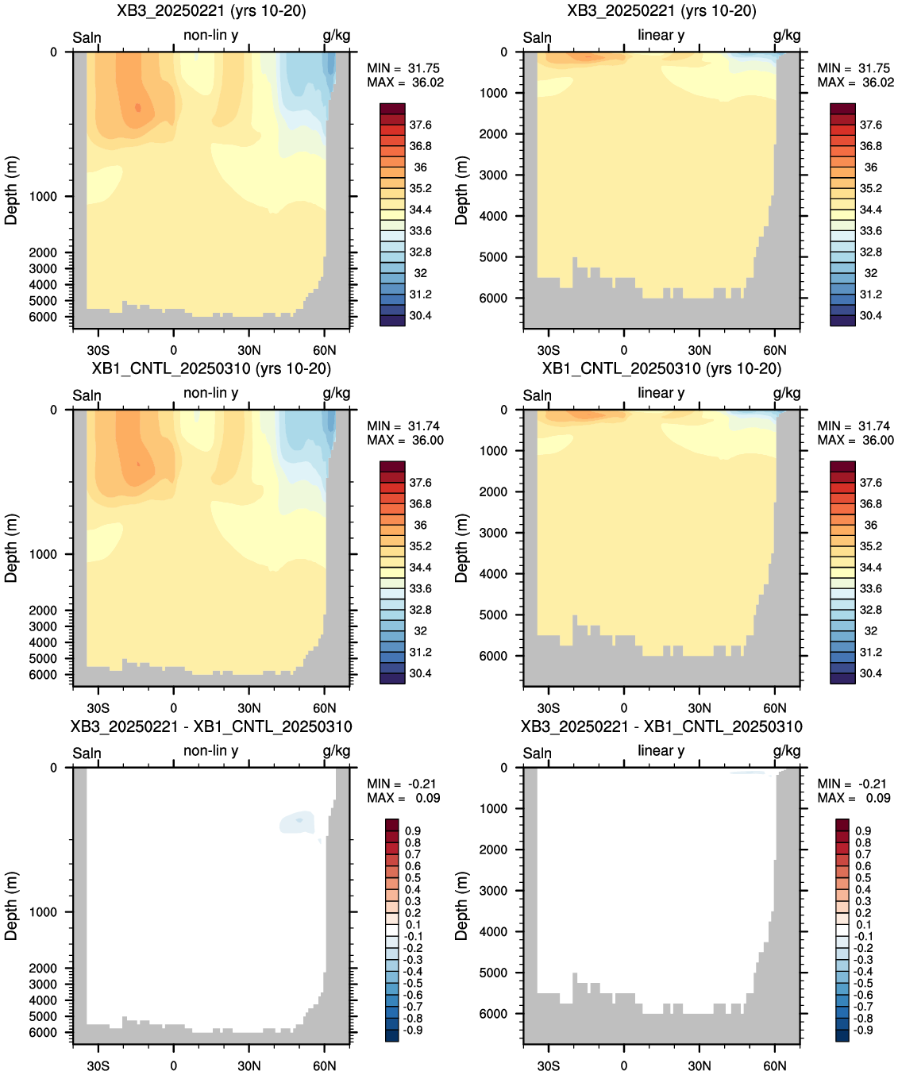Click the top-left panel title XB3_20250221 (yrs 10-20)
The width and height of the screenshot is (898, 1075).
click(211, 10)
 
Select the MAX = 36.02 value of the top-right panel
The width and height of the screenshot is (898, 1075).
click(856, 83)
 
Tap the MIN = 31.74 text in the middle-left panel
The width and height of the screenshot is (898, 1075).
click(403, 426)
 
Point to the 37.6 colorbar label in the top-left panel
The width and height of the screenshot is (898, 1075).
click(420, 125)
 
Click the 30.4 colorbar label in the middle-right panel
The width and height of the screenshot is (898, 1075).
click(870, 673)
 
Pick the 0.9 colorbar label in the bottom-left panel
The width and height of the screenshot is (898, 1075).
click(412, 830)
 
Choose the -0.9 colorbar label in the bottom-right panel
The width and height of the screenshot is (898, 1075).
click(863, 1030)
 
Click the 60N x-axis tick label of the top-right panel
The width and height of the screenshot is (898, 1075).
click(774, 350)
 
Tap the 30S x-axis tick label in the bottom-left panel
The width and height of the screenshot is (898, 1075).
click(98, 1065)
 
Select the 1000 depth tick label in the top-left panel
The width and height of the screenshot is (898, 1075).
click(43, 196)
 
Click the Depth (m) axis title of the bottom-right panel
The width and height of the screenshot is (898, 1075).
click(461, 906)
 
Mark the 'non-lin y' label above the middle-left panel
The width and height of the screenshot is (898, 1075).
click(210, 393)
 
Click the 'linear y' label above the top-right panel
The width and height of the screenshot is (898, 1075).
click(661, 34)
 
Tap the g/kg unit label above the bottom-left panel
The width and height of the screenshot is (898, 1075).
click(336, 751)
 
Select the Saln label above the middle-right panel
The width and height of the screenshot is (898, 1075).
click(537, 395)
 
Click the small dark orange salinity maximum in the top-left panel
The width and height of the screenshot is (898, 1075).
click(137, 107)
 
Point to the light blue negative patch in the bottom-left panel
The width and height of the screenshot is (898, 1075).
click(297, 823)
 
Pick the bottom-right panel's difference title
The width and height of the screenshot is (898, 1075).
click(661, 726)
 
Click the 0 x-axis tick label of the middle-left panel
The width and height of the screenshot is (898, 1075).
click(174, 708)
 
